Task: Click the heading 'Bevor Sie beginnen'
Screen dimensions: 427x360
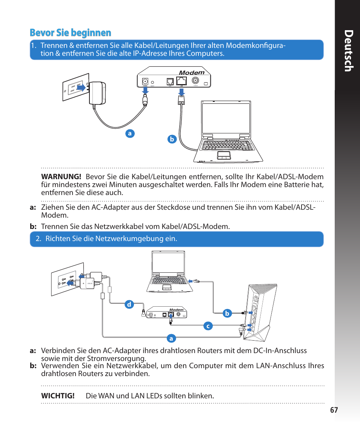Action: point(71,33)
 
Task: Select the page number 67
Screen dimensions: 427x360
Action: point(334,410)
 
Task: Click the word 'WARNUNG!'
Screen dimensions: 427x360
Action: point(61,177)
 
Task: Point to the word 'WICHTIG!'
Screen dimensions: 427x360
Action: point(58,396)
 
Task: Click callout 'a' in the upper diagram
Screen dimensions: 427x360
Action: point(130,134)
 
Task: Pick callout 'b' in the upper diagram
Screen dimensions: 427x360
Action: point(172,139)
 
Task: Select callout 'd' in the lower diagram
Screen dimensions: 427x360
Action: point(129,304)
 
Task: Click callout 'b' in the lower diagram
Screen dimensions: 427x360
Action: point(227,313)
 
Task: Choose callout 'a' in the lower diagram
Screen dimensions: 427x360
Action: point(171,339)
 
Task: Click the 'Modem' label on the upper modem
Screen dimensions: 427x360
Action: point(191,72)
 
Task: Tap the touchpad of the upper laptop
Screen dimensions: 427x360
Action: point(224,155)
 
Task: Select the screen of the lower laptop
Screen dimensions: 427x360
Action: point(168,263)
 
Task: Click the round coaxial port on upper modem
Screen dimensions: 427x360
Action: point(195,80)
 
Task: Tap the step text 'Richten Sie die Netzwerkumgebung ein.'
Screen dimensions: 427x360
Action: point(111,239)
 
